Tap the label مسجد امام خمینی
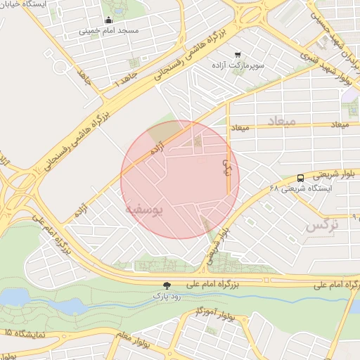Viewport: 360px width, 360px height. point(108,31)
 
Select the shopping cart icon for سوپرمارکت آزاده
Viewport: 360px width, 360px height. point(238,53)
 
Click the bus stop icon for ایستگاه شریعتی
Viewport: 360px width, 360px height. point(300,178)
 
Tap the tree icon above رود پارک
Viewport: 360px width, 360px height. point(167,285)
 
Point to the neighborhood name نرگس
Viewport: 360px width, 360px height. point(322,226)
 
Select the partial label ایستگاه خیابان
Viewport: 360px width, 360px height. point(28,4)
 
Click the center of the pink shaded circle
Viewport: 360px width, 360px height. point(180,179)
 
